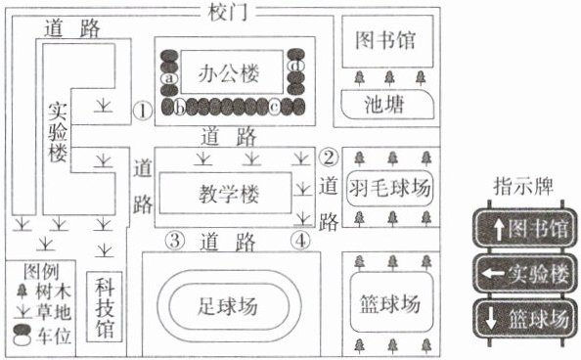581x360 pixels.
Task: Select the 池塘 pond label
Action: click(x=384, y=104)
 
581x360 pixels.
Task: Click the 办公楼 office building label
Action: click(x=228, y=73)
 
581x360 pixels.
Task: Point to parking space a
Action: click(x=169, y=78)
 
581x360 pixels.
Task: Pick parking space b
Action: click(x=180, y=108)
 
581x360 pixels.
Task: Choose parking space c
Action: click(x=274, y=108)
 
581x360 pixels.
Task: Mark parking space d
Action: click(x=296, y=66)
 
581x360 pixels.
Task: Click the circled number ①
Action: click(x=143, y=111)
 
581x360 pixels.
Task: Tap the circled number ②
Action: click(x=329, y=157)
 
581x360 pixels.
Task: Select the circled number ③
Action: click(x=175, y=241)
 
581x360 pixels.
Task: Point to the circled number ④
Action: click(x=300, y=241)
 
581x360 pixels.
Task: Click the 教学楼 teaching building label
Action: click(x=229, y=193)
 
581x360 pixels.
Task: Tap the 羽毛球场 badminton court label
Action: click(x=389, y=188)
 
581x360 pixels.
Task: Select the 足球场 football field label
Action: click(x=228, y=306)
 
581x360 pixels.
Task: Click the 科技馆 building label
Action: click(x=105, y=308)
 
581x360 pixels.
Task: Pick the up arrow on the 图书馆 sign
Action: click(x=499, y=229)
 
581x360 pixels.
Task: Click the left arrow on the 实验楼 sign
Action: click(x=493, y=274)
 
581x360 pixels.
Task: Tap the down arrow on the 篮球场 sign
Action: click(x=491, y=319)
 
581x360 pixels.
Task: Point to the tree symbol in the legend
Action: click(x=22, y=292)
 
